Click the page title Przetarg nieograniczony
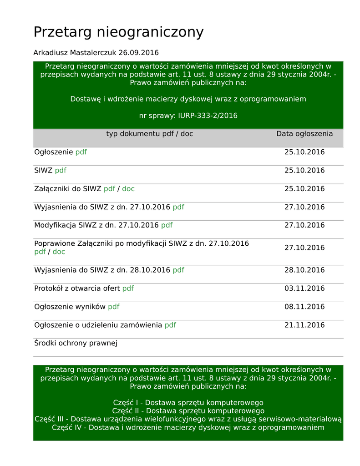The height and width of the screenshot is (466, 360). pos(118,32)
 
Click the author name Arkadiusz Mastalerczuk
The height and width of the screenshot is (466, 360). pos(75,53)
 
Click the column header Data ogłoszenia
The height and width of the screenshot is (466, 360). pos(304,134)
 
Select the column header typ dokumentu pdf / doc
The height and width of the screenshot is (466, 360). pos(149,134)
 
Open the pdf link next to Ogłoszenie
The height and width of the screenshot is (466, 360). pos(81,152)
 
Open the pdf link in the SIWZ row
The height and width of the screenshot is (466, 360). pos(61,171)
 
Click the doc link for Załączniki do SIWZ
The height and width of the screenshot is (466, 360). pos(128,189)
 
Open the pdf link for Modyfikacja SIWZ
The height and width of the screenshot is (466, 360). pos(167,225)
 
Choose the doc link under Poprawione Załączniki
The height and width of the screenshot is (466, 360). pos(59,252)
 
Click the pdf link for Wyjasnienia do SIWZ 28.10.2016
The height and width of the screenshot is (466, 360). pos(178,270)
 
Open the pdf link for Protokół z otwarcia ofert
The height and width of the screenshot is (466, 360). pos(128,289)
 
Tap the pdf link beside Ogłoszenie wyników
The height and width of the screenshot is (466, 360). pos(114,307)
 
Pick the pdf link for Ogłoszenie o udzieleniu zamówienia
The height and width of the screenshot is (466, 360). pos(170,325)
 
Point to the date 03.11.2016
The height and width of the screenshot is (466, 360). pos(304,289)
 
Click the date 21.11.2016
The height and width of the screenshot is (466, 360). pos(304,325)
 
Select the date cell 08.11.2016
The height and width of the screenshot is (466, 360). pos(304,307)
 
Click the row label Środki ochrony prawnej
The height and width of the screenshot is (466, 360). pos(76,343)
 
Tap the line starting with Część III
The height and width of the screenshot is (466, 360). pos(188,419)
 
